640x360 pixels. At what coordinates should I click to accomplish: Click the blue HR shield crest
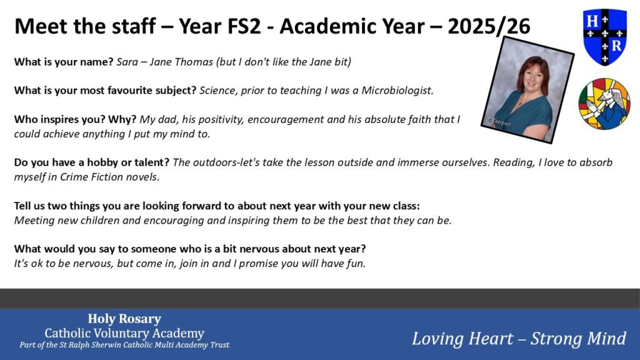[605, 37]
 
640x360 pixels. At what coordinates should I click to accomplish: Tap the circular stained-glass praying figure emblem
[604, 104]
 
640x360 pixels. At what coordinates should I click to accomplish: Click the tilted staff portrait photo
[527, 90]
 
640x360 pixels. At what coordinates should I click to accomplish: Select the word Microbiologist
[396, 90]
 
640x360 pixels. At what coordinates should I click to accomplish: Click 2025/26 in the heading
[489, 26]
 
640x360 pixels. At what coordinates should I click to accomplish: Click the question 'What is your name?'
[64, 62]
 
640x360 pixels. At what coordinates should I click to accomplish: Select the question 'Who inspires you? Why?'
[75, 119]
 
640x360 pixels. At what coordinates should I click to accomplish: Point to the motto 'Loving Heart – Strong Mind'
[519, 338]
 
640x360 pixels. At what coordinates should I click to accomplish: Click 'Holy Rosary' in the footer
[124, 319]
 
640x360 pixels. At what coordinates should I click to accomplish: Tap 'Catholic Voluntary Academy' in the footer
[124, 333]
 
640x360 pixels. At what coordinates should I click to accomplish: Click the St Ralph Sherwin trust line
[124, 345]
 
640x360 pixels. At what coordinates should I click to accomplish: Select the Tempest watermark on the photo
[499, 122]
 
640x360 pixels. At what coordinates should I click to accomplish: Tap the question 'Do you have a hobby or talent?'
[92, 162]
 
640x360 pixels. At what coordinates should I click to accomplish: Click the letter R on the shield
[617, 46]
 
